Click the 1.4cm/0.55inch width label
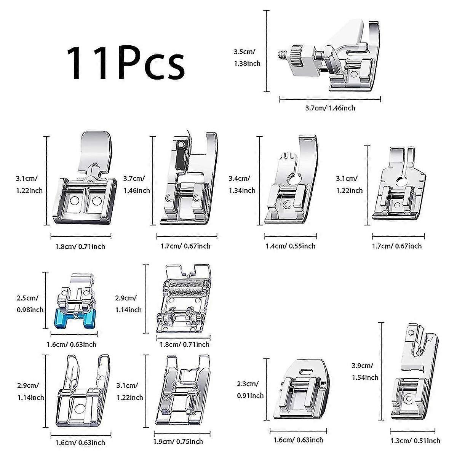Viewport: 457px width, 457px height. point(290,246)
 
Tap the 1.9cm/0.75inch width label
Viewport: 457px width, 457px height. point(178,442)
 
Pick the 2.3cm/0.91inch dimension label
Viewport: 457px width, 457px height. point(249,390)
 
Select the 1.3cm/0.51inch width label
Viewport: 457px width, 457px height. point(415,441)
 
